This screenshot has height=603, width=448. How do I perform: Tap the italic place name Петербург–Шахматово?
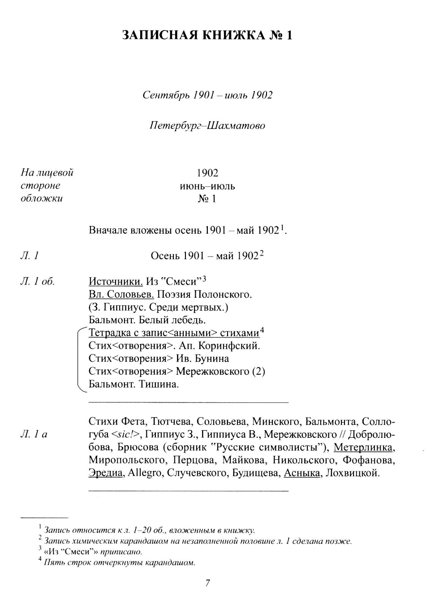coord(207,125)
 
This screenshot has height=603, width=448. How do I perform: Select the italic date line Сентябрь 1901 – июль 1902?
coord(207,95)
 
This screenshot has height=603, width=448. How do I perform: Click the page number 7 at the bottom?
coord(207,583)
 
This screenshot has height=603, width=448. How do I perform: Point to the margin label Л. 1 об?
coord(38,282)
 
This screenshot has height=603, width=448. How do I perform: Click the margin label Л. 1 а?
coord(34,434)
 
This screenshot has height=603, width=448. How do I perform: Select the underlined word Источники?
coord(116,282)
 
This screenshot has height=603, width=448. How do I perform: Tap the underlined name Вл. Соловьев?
coord(121,295)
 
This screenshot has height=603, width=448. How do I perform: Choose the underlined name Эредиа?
coord(105,473)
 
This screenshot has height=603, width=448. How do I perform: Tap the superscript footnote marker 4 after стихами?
coord(263,331)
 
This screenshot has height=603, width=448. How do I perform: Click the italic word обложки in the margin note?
coord(42,198)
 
